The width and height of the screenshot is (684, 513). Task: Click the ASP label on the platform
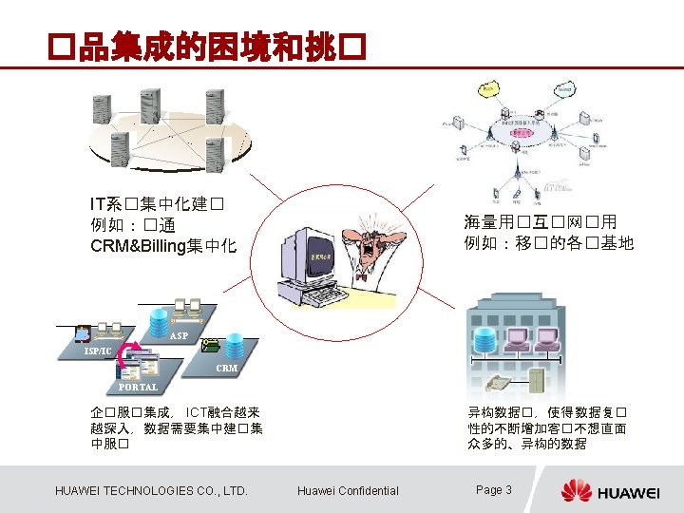coord(180,336)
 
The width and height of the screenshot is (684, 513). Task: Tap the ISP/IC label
coord(98,351)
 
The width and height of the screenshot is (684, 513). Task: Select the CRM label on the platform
coord(226,368)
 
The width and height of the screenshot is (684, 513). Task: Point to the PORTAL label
coord(138,387)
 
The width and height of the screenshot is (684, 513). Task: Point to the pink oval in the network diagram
coord(519,133)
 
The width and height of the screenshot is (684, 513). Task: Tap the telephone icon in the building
coord(495,384)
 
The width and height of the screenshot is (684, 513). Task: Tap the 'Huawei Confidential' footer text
coord(348,490)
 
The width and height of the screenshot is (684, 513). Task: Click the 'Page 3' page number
coord(494,490)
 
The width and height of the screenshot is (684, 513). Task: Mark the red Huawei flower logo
coord(576,490)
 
